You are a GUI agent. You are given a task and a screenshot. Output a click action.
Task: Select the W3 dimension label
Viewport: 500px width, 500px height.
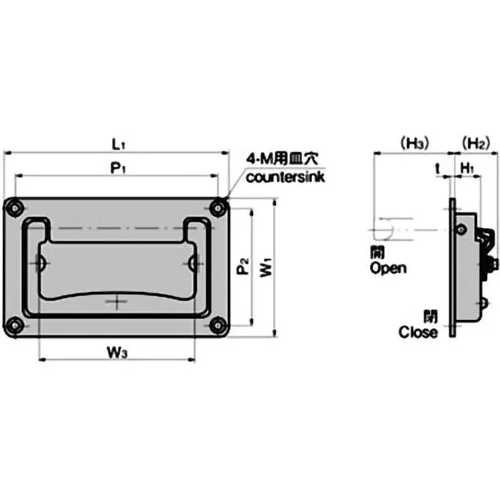(x=117, y=352)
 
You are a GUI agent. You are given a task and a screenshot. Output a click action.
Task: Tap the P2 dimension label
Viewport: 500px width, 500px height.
(x=242, y=269)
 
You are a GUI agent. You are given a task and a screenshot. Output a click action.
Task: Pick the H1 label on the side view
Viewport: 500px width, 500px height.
(x=467, y=167)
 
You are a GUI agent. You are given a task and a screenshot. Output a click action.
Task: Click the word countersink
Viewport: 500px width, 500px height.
(x=285, y=177)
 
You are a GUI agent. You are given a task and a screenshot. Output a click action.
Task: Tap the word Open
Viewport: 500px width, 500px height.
(x=387, y=269)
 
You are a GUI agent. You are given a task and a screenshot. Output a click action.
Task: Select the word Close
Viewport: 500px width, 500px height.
(x=418, y=332)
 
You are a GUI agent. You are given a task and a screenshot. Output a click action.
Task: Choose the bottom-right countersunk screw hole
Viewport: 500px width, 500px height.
(x=218, y=325)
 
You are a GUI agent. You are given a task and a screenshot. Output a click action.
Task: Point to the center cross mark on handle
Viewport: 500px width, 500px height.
(x=116, y=302)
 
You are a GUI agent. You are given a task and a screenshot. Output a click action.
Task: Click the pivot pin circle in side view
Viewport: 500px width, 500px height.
(x=461, y=230)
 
